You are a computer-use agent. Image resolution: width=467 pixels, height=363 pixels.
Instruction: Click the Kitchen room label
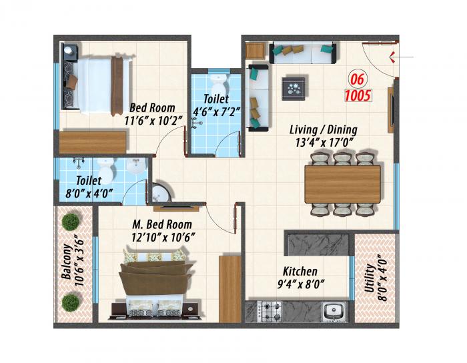coord(300,272)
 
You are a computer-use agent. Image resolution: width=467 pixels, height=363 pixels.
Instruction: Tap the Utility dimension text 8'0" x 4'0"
coord(382,280)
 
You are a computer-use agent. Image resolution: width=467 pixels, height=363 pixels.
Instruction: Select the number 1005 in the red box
coord(358,95)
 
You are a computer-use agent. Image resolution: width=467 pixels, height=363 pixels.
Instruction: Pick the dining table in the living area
coord(342,184)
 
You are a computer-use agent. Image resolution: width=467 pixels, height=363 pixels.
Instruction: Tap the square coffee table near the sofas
coord(294,86)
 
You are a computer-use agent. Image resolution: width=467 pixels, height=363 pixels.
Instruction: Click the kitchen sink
coord(332,311)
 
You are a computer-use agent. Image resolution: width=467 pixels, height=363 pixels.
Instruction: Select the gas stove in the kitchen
coord(270,311)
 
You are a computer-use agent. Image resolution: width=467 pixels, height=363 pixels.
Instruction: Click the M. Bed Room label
coord(161,224)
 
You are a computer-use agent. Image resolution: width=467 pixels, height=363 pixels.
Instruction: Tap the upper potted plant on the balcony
coord(70,222)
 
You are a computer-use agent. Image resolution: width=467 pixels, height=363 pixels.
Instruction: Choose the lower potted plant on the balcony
coord(71,302)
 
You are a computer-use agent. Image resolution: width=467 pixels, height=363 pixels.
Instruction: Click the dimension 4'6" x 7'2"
coord(215,111)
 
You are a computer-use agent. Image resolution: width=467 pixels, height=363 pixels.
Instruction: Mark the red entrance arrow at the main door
coord(394,56)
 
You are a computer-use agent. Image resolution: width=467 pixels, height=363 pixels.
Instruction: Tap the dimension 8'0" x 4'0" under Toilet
coord(89,194)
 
